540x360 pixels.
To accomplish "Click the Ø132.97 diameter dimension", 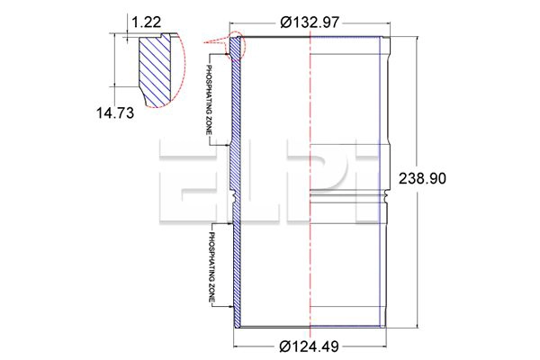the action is tap(310, 22).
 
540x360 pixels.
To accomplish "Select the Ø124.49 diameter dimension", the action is tap(310, 346).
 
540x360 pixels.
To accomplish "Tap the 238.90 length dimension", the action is tap(422, 178).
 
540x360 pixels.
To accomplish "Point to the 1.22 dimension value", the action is tap(147, 22).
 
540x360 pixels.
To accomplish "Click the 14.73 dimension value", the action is tap(114, 112).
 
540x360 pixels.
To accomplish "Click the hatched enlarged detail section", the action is tap(155, 70).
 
